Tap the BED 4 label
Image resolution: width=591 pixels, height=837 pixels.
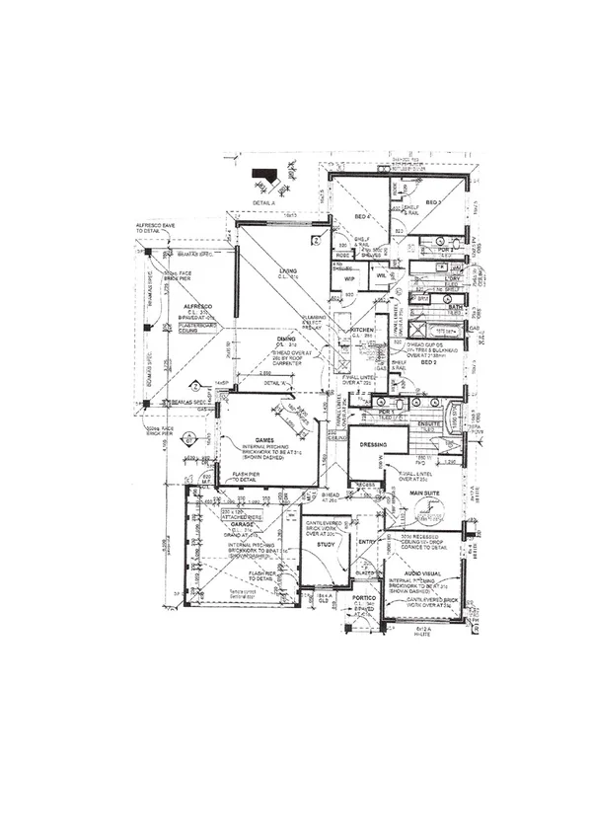point(362,216)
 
